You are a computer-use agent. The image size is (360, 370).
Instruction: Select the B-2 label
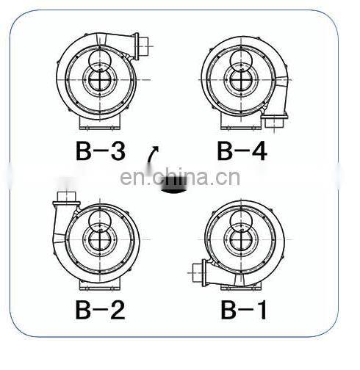click(x=101, y=308)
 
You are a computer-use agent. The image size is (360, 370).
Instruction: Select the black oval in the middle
click(x=174, y=186)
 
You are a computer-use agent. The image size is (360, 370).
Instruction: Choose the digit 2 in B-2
click(x=116, y=308)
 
